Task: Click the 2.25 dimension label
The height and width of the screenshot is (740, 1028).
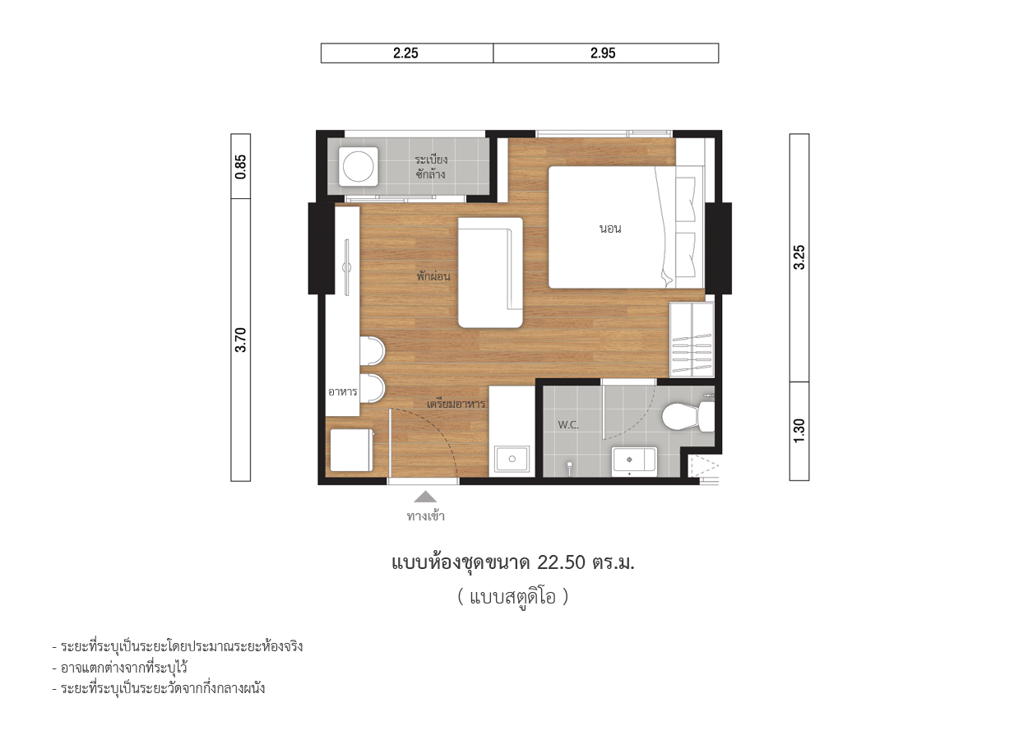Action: [x=405, y=53]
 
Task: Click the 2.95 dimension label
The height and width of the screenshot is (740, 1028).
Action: [x=603, y=53]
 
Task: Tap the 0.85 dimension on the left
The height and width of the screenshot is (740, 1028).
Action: [x=240, y=167]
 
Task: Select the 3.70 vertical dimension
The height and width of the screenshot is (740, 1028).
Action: [x=240, y=340]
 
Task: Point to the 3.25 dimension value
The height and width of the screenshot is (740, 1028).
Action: [x=799, y=257]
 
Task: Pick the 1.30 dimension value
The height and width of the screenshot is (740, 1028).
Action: [x=799, y=431]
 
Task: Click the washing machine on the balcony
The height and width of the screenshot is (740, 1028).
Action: [x=359, y=167]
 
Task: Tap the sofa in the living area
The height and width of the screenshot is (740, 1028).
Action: [x=490, y=272]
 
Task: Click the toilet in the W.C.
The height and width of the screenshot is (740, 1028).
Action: [x=688, y=417]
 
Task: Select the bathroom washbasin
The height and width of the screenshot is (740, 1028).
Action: [x=634, y=461]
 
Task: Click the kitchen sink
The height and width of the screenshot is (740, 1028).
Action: [x=512, y=459]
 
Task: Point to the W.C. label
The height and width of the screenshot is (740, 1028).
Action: [x=568, y=425]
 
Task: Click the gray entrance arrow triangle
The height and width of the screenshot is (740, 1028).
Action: [x=425, y=497]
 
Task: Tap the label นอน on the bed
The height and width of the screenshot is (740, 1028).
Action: [x=610, y=229]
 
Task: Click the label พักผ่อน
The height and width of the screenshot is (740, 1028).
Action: [x=433, y=276]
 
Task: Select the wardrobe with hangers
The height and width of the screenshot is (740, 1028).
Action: [x=692, y=340]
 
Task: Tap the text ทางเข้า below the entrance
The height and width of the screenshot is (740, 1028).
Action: [x=425, y=516]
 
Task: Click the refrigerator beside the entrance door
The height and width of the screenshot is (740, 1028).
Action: [x=352, y=450]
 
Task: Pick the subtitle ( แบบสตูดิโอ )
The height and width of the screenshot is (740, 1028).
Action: [x=513, y=597]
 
